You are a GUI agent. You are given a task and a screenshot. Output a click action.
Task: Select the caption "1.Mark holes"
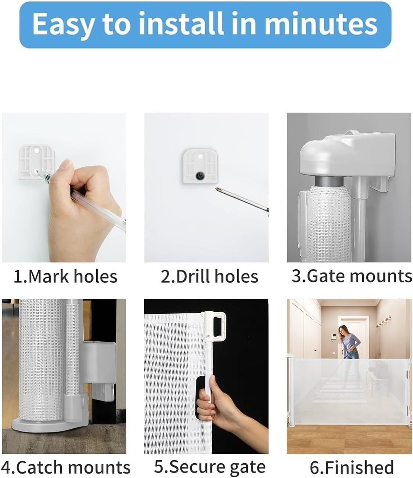tap(65, 277)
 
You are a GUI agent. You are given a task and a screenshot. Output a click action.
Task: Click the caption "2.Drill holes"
tap(209, 277)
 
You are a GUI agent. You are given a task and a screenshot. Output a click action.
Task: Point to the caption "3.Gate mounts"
tap(351, 276)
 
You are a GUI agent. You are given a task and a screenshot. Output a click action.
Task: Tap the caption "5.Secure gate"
tap(210, 467)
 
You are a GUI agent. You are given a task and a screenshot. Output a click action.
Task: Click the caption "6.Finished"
tap(352, 467)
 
